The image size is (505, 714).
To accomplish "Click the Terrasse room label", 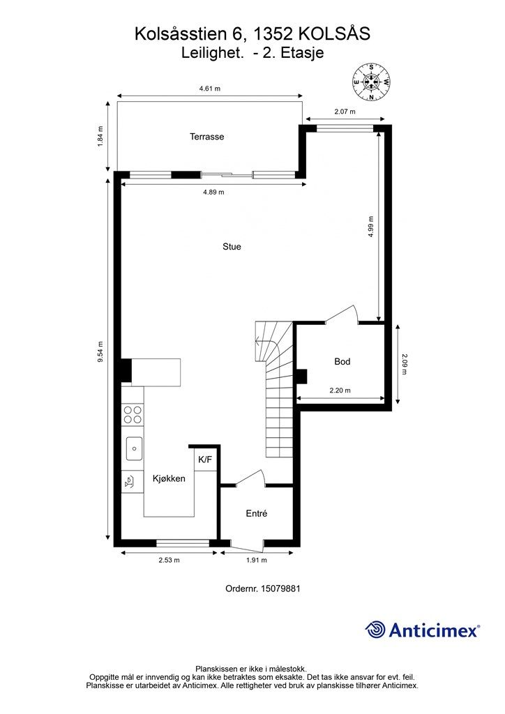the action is point(206,137).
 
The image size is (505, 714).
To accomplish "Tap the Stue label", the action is point(232,247).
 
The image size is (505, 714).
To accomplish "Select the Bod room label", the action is point(342,362).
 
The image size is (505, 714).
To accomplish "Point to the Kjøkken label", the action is point(169,478).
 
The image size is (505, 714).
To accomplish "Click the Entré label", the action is point(257,514).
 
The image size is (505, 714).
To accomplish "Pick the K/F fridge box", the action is point(205,460).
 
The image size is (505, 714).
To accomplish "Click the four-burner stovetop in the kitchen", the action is point(133,414).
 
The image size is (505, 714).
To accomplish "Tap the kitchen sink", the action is point(134,448).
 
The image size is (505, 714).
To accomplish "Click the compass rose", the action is point(372,82).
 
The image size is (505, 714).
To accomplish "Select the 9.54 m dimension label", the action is point(100,352).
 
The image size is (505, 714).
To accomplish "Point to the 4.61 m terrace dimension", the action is point(209,89).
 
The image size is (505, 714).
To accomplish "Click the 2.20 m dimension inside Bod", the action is point(340,390).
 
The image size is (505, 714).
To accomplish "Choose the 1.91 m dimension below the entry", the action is point(257,560).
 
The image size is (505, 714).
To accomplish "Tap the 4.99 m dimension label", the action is point(370,227).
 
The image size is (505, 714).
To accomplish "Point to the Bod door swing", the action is point(342,314).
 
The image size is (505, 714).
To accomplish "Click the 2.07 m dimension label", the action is point(345,111).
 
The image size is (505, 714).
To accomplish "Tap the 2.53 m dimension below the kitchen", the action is point(169,560).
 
